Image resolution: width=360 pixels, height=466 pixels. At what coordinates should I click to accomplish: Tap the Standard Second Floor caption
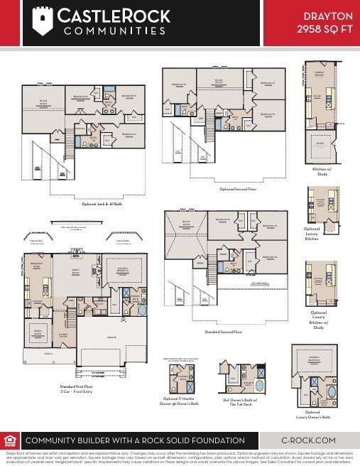point(223,332)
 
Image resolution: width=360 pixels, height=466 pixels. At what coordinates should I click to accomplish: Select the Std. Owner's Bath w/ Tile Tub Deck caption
point(251,406)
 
